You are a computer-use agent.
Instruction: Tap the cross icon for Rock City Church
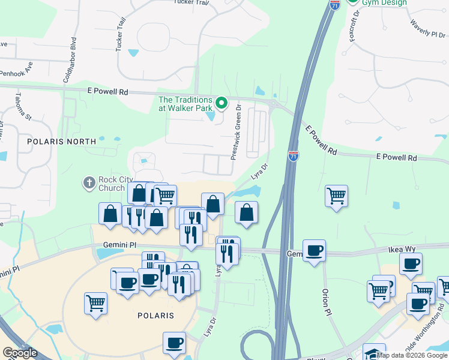click(x=89, y=182)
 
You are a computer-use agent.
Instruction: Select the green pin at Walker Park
click(x=221, y=103)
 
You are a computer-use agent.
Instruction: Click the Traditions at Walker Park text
click(x=185, y=104)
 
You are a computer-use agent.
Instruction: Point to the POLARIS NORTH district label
click(x=61, y=142)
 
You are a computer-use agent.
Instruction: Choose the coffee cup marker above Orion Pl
click(x=314, y=250)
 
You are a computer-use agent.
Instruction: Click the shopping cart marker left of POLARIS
click(x=96, y=303)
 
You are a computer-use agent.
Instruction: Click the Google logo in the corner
click(x=20, y=353)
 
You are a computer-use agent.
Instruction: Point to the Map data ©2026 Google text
click(x=412, y=355)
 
